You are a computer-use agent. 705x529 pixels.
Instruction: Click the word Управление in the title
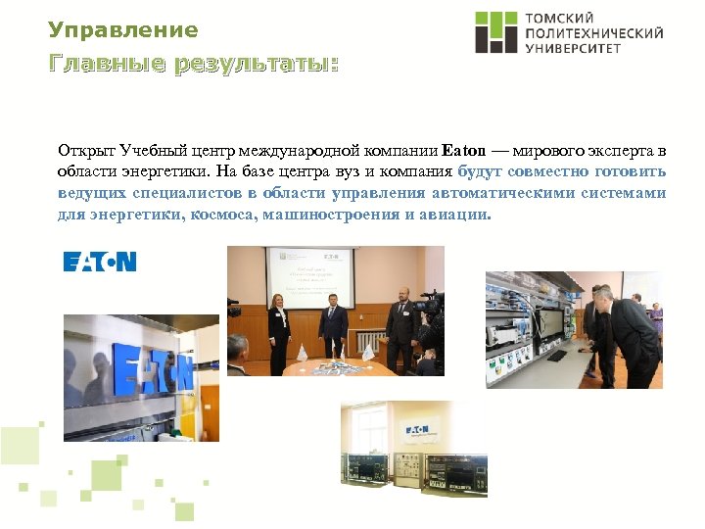[123, 30]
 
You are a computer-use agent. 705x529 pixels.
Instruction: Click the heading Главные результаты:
[194, 66]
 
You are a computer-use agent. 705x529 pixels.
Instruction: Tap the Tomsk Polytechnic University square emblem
[495, 32]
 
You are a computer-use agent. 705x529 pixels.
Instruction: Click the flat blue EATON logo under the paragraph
[100, 262]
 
